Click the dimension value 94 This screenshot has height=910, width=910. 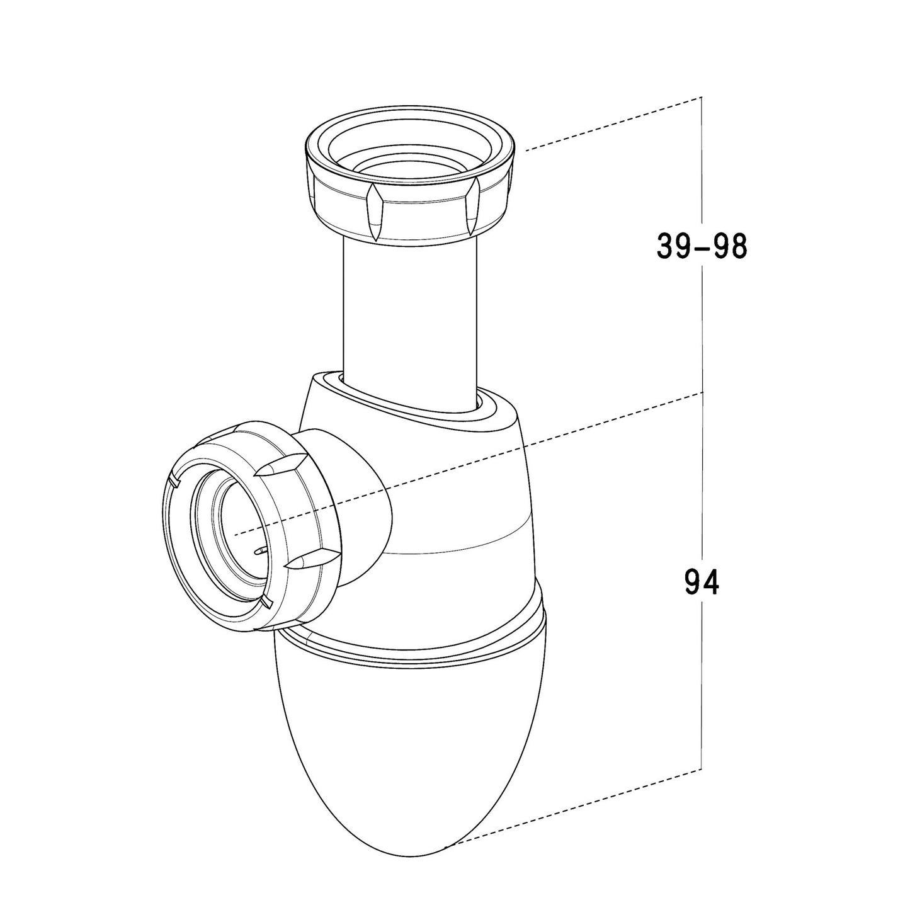(x=702, y=583)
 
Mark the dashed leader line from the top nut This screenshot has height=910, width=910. (x=613, y=123)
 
